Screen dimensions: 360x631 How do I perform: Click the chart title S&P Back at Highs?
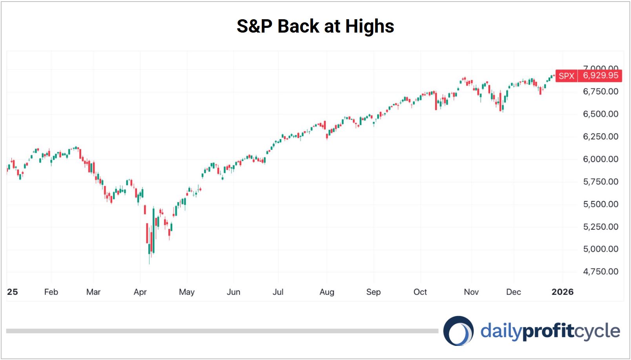click(315, 26)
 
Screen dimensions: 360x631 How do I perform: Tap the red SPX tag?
click(566, 76)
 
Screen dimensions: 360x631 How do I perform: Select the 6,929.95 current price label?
click(600, 75)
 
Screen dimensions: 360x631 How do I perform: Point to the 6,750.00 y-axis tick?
click(600, 91)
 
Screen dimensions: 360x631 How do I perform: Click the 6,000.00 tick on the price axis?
click(600, 159)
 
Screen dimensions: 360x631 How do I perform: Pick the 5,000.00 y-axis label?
click(600, 249)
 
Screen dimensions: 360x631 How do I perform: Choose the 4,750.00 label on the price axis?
click(600, 271)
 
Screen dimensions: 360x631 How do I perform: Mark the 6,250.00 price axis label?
click(600, 137)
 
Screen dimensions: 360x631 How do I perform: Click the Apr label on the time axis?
click(140, 292)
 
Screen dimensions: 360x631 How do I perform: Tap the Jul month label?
click(278, 292)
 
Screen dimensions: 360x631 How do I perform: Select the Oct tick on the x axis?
click(420, 292)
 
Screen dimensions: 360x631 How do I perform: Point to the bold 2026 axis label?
click(562, 292)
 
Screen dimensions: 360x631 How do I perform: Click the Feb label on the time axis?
click(51, 292)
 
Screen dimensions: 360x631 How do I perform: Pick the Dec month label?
click(513, 292)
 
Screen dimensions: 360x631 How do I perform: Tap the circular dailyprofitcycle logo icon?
click(458, 331)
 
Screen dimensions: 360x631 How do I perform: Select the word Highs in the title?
click(370, 26)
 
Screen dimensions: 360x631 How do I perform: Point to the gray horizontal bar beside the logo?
click(222, 331)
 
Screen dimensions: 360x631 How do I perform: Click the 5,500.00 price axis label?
click(600, 204)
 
